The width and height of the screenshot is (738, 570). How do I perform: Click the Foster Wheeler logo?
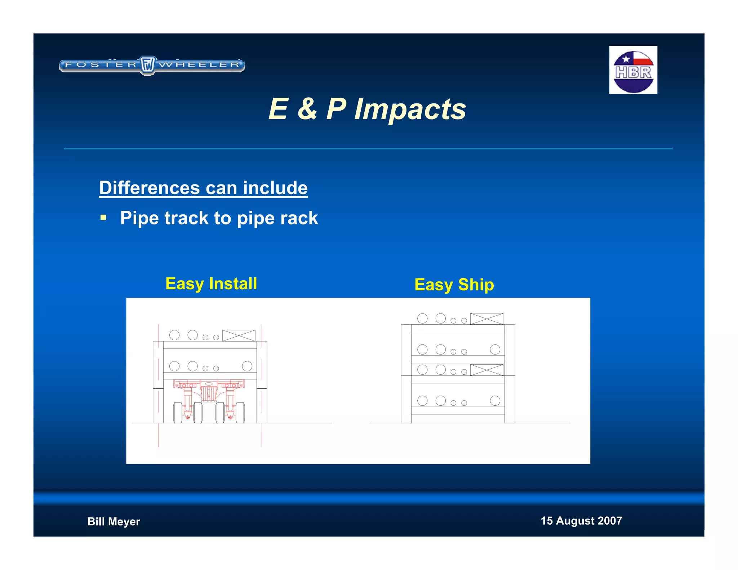pyautogui.click(x=152, y=65)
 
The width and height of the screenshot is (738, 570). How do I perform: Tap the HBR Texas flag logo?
pyautogui.click(x=633, y=70)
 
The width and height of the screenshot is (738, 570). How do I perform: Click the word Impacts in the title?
pyautogui.click(x=410, y=109)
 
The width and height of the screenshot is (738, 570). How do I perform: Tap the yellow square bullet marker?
pyautogui.click(x=103, y=218)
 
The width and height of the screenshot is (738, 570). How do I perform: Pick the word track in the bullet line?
pyautogui.click(x=186, y=218)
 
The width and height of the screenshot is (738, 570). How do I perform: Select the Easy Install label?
pyautogui.click(x=211, y=284)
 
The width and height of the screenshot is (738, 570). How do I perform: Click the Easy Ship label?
pyautogui.click(x=454, y=285)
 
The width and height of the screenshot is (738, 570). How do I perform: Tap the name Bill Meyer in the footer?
pyautogui.click(x=114, y=521)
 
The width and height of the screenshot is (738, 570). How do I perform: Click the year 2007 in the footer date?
pyautogui.click(x=610, y=521)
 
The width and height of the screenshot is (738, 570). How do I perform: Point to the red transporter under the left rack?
pyautogui.click(x=209, y=400)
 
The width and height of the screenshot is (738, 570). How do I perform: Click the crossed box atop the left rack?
pyautogui.click(x=239, y=335)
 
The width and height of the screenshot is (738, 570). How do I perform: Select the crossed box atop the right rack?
pyautogui.click(x=486, y=319)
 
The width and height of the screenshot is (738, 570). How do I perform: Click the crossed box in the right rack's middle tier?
pyautogui.click(x=486, y=370)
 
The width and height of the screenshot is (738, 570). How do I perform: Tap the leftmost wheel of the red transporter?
pyautogui.click(x=178, y=413)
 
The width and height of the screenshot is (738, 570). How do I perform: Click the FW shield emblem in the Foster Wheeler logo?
pyautogui.click(x=147, y=65)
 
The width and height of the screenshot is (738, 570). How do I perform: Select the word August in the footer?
pyautogui.click(x=575, y=521)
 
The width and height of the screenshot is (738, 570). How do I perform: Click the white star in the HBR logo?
pyautogui.click(x=626, y=59)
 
